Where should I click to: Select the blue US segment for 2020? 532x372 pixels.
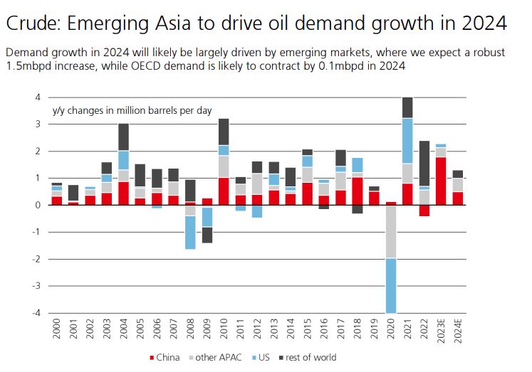390,285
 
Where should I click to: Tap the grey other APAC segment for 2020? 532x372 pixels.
390,231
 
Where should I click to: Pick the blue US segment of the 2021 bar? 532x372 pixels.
407,141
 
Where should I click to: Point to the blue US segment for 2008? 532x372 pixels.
190,232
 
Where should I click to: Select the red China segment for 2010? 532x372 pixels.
224,191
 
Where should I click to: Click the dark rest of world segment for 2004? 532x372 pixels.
123,137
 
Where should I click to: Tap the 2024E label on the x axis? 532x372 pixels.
459,331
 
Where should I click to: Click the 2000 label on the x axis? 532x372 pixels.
56,330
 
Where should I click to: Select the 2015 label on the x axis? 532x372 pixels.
307,330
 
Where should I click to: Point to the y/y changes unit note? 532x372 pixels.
131,110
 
